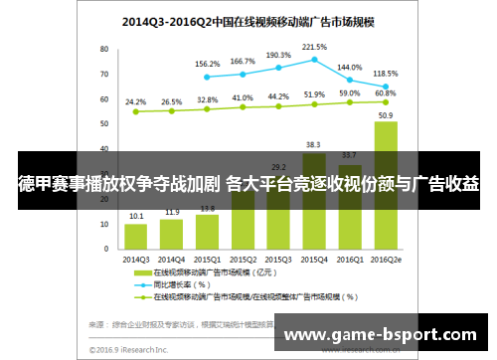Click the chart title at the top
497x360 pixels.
click(248, 19)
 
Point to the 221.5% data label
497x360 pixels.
click(313, 46)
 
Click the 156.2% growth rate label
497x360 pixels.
click(207, 64)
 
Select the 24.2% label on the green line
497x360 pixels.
click(136, 101)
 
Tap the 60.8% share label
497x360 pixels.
click(386, 93)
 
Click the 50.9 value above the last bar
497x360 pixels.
click(385, 114)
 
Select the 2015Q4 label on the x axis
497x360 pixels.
click(314, 260)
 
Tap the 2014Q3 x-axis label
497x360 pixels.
click(136, 260)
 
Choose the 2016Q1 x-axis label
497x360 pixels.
click(350, 260)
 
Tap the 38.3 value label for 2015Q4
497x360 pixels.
click(314, 144)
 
